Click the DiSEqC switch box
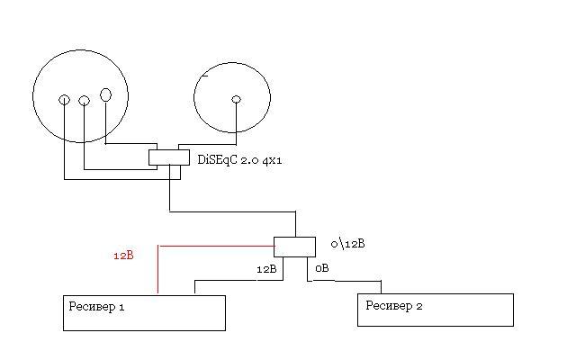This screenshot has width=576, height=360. pyautogui.click(x=169, y=157)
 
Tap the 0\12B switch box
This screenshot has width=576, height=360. pyautogui.click(x=294, y=247)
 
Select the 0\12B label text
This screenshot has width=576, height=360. pyautogui.click(x=348, y=244)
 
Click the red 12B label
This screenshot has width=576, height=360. pyautogui.click(x=123, y=255)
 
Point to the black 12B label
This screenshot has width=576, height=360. pyautogui.click(x=266, y=269)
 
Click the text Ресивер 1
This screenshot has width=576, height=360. pyautogui.click(x=96, y=306)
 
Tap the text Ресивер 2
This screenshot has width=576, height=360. pyautogui.click(x=393, y=305)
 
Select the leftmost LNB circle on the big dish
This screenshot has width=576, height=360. pyautogui.click(x=64, y=100)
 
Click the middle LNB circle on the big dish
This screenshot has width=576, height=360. pyautogui.click(x=84, y=101)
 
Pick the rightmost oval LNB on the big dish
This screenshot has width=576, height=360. pyautogui.click(x=105, y=94)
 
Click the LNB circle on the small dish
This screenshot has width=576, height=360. pyautogui.click(x=236, y=99)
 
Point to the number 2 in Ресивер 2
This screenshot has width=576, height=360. pyautogui.click(x=418, y=305)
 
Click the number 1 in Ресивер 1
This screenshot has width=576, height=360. pyautogui.click(x=121, y=306)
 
